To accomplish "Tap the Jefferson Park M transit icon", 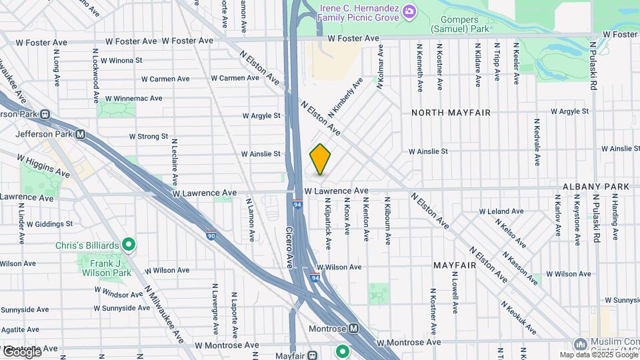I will [x=80, y=134].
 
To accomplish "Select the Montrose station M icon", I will [x=353, y=329].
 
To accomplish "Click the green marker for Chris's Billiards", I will [x=130, y=245].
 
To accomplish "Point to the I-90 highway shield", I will [x=211, y=235].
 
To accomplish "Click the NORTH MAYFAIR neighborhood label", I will [x=451, y=113].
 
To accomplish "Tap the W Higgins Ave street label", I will [x=43, y=167].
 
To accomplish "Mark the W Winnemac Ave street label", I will [x=132, y=98].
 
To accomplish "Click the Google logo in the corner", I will [x=21, y=351].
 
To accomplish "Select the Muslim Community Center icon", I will [x=579, y=345].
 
